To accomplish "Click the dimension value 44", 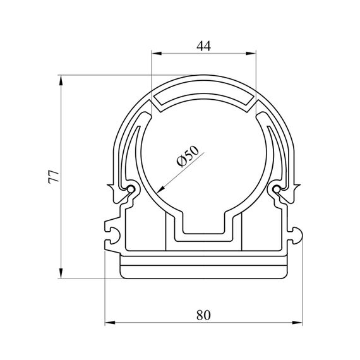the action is [203, 46].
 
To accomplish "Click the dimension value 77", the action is [54, 177].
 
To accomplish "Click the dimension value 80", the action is [203, 315].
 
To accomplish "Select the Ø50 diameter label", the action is [188, 156].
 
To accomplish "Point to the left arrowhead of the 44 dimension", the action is [156, 54].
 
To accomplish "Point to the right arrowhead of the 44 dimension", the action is [251, 54].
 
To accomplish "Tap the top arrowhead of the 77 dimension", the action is [61, 80].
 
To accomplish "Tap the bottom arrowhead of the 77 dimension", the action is [61, 273].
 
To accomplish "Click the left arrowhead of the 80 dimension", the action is [109, 323].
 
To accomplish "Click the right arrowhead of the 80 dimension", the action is [297, 323].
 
